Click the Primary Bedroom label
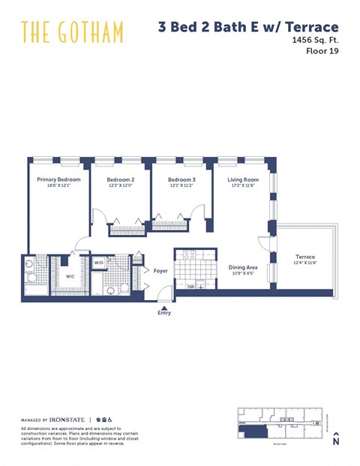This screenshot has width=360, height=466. pos(58,180)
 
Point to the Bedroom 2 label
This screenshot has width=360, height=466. pos(120,180)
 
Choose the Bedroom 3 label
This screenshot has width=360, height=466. pos(181,180)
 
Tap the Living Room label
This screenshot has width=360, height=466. pos(244,180)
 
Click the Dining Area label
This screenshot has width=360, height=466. pos(243,266)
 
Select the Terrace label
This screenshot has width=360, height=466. pos(304,257)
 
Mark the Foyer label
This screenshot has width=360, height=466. pos(160,270)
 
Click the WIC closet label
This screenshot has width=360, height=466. pos(70,276)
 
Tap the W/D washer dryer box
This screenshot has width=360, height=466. pos(99,263)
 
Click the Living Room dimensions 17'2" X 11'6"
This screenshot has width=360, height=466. pos(244,186)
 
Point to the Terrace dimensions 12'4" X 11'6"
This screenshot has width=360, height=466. pos(304,263)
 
